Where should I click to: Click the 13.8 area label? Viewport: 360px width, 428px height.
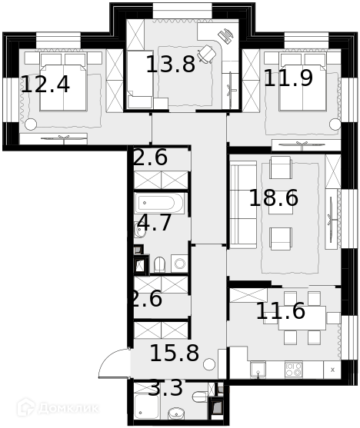tap(171, 64)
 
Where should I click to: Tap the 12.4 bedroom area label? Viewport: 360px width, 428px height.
tap(45, 85)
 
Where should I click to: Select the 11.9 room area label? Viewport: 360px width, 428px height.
tap(288, 78)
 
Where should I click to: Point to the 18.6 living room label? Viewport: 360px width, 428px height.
tap(274, 197)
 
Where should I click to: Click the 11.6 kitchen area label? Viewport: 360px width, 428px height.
tap(281, 310)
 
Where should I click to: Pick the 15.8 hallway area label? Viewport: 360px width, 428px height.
tap(175, 353)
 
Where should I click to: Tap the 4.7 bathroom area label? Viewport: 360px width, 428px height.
tap(155, 222)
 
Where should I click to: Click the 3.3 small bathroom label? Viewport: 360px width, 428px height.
tap(165, 387)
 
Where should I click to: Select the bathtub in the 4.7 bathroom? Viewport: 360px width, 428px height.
tap(159, 204)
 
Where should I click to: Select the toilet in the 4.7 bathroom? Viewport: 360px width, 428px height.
tap(160, 264)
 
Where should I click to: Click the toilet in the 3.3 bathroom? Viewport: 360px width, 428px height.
tap(200, 396)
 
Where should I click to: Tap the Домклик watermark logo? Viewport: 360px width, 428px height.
tap(58, 408)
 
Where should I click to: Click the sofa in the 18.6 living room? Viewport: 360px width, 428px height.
tap(243, 204)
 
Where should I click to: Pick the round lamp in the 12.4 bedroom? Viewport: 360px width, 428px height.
tap(31, 124)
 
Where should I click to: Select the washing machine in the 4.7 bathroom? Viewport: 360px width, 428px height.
tap(179, 264)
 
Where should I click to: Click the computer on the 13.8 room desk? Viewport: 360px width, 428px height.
tap(226, 35)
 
